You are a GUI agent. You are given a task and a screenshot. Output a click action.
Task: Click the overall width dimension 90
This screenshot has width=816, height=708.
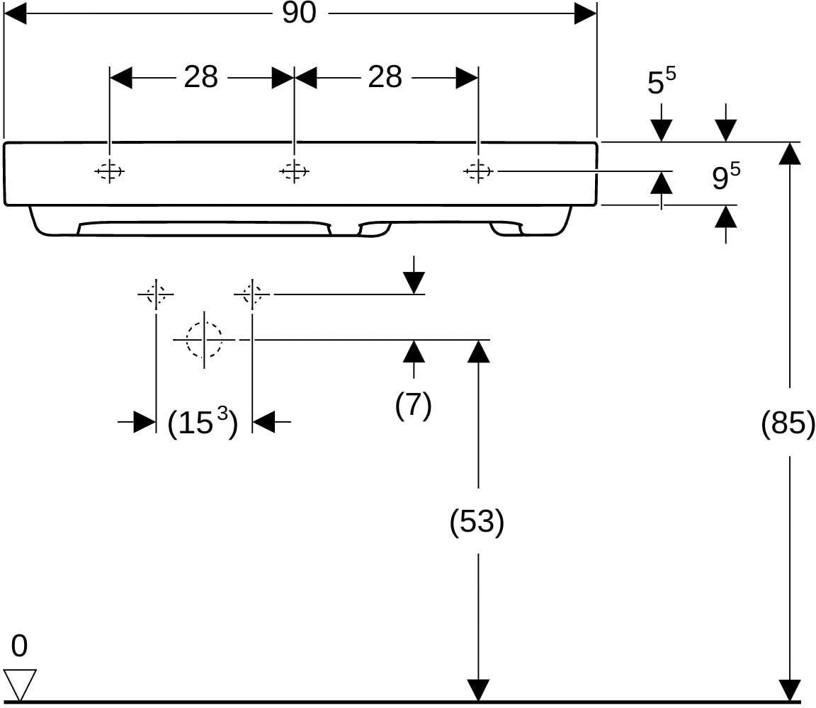click(299, 13)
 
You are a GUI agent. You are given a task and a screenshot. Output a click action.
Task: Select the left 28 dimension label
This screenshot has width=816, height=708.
click(201, 77)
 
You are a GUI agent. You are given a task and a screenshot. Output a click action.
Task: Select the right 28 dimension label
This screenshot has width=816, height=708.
click(385, 77)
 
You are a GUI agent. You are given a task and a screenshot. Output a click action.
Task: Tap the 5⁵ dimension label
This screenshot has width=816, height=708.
click(662, 81)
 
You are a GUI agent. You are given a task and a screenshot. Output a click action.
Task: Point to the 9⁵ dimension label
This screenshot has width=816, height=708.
click(726, 176)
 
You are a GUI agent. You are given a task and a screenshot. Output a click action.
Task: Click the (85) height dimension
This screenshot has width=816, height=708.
click(788, 422)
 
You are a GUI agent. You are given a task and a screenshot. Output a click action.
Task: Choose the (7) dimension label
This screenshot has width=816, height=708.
click(413, 405)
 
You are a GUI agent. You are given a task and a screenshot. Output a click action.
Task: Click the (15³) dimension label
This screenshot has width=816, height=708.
click(203, 422)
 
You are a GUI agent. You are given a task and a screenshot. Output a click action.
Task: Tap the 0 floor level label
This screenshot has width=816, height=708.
click(19, 646)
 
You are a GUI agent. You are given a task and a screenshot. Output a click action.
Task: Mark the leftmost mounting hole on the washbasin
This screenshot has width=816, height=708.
click(109, 171)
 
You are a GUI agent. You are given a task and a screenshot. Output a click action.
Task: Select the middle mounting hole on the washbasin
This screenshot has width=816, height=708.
click(294, 171)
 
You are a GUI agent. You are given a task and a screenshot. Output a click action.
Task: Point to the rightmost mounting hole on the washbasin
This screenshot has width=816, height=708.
click(478, 171)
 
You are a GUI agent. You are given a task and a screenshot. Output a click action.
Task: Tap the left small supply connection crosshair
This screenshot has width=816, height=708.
click(156, 295)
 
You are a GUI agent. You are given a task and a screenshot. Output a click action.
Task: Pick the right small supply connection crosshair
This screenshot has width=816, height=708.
click(252, 295)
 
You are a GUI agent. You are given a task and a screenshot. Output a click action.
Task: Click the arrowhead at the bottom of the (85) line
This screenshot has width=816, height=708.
click(790, 690)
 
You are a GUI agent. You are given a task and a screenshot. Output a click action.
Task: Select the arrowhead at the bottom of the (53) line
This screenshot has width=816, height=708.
click(478, 690)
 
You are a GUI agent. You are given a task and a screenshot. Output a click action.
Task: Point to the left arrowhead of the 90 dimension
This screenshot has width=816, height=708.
click(15, 13)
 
